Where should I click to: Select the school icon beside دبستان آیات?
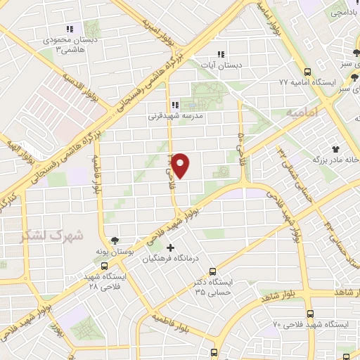click(221, 54)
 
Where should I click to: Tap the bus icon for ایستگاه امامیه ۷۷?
click(307, 72)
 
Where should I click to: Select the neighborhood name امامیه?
click(303, 112)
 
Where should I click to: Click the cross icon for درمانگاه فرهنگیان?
click(171, 247)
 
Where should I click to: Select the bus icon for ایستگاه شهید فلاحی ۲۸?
click(104, 266)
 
